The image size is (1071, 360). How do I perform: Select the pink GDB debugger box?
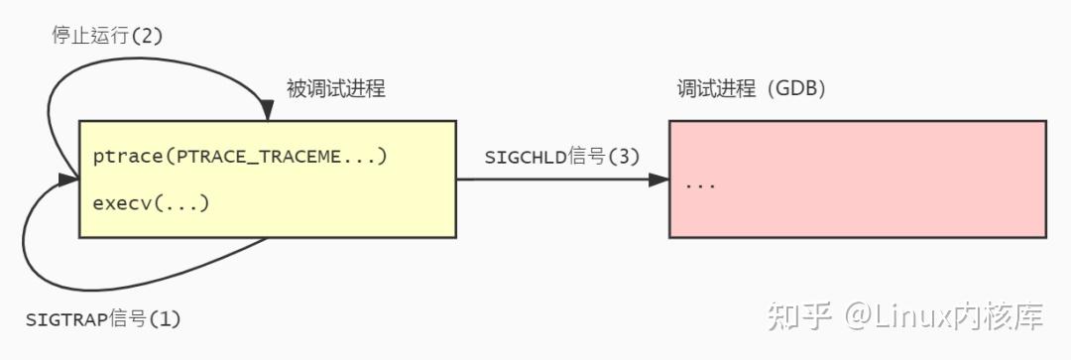click(x=857, y=179)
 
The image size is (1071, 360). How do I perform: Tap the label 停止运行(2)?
click(x=106, y=36)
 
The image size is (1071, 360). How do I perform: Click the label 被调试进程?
click(x=336, y=89)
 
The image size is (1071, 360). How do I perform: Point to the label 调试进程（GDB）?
click(x=752, y=89)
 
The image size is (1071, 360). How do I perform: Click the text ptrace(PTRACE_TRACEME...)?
click(x=239, y=157)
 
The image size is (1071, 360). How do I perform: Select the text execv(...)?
click(x=151, y=203)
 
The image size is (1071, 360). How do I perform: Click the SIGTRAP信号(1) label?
click(x=103, y=319)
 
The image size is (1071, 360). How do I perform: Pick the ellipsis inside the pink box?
click(x=700, y=185)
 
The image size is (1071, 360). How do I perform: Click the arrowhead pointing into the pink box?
click(x=659, y=180)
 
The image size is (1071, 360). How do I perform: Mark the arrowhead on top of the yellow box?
click(x=267, y=112)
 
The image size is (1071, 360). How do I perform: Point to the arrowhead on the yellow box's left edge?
click(x=69, y=180)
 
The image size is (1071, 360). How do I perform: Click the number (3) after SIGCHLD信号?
click(x=624, y=157)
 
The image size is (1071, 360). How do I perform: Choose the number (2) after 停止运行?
click(x=146, y=36)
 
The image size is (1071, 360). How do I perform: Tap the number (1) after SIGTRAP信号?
click(x=165, y=319)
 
